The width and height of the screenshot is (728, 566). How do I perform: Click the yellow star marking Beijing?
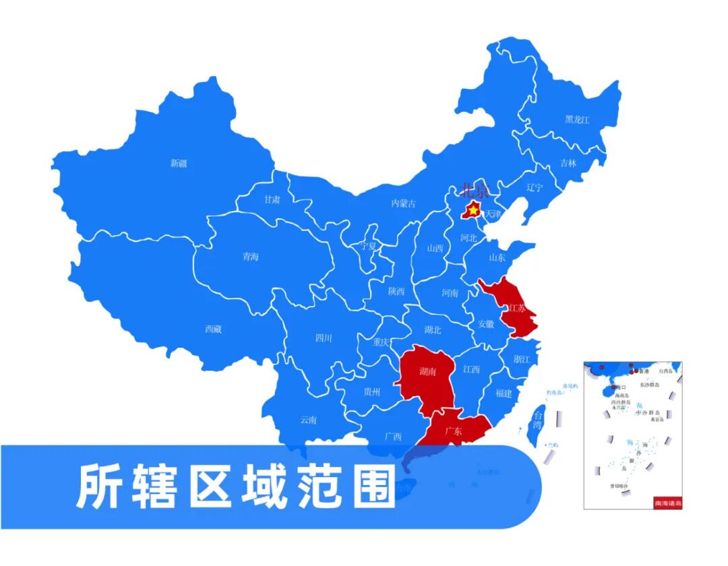point(473,211)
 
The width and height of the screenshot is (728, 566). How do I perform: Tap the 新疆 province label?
point(179,163)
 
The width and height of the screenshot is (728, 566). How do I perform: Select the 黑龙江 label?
point(577,120)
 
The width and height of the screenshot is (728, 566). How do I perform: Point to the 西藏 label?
point(214,329)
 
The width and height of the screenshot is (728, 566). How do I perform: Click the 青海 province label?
point(251,256)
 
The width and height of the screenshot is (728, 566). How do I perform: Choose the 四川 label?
point(324,338)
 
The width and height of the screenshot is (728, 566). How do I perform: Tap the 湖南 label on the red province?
point(427,371)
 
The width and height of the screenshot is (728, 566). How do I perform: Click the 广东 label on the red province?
point(454,432)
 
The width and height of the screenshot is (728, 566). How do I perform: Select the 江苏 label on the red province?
point(517,308)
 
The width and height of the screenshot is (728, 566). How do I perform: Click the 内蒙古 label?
point(404,203)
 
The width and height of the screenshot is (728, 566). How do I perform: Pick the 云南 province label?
point(309,420)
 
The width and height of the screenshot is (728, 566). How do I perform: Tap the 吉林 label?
point(568,163)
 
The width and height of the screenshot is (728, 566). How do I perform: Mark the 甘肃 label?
point(272,199)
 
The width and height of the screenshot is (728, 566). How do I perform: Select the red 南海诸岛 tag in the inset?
point(668,503)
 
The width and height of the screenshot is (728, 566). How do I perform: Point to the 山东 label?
point(497,257)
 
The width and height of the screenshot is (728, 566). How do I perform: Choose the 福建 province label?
point(504,393)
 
